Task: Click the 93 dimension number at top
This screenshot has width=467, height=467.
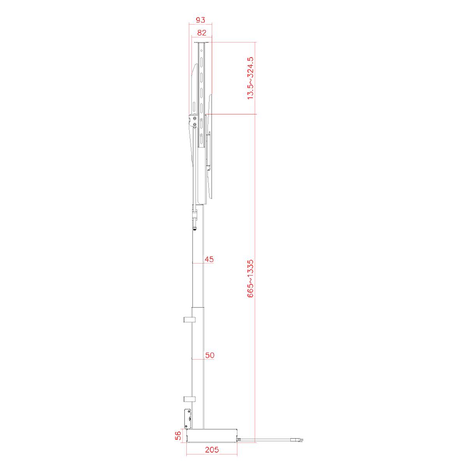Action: point(200,20)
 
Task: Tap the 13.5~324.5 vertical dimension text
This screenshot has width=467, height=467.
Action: point(251,78)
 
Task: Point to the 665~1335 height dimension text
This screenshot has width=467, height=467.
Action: point(251,279)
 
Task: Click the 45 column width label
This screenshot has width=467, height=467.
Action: point(209,259)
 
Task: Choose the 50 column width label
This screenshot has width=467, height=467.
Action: point(210,355)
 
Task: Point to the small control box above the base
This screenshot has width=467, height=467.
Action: point(187,418)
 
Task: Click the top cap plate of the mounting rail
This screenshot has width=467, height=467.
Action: point(200,43)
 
